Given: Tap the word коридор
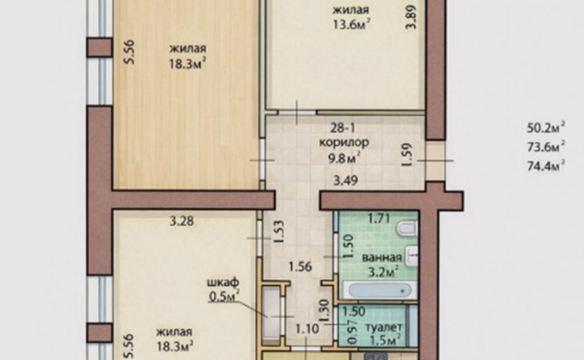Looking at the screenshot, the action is click(x=344, y=143).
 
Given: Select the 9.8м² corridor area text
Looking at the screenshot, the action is click(x=344, y=158).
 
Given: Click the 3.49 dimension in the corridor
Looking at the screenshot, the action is click(x=346, y=181).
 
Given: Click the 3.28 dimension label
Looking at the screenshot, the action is click(x=182, y=221).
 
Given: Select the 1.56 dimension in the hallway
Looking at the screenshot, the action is click(x=300, y=267).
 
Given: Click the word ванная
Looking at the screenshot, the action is click(x=382, y=258).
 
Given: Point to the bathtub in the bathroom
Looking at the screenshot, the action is click(x=379, y=290).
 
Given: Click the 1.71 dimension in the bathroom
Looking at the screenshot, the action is click(x=379, y=218).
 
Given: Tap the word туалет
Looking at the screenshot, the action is click(x=384, y=328).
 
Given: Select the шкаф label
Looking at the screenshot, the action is click(x=223, y=283).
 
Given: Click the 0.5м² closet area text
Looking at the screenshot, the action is click(x=224, y=296).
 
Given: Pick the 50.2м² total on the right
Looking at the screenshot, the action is click(x=545, y=127).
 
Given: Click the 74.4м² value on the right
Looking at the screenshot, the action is click(x=545, y=165).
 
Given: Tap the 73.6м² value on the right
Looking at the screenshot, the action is click(x=545, y=146).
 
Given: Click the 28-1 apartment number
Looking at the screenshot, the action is click(x=343, y=128).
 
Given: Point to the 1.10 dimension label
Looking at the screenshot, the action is click(x=307, y=329).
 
